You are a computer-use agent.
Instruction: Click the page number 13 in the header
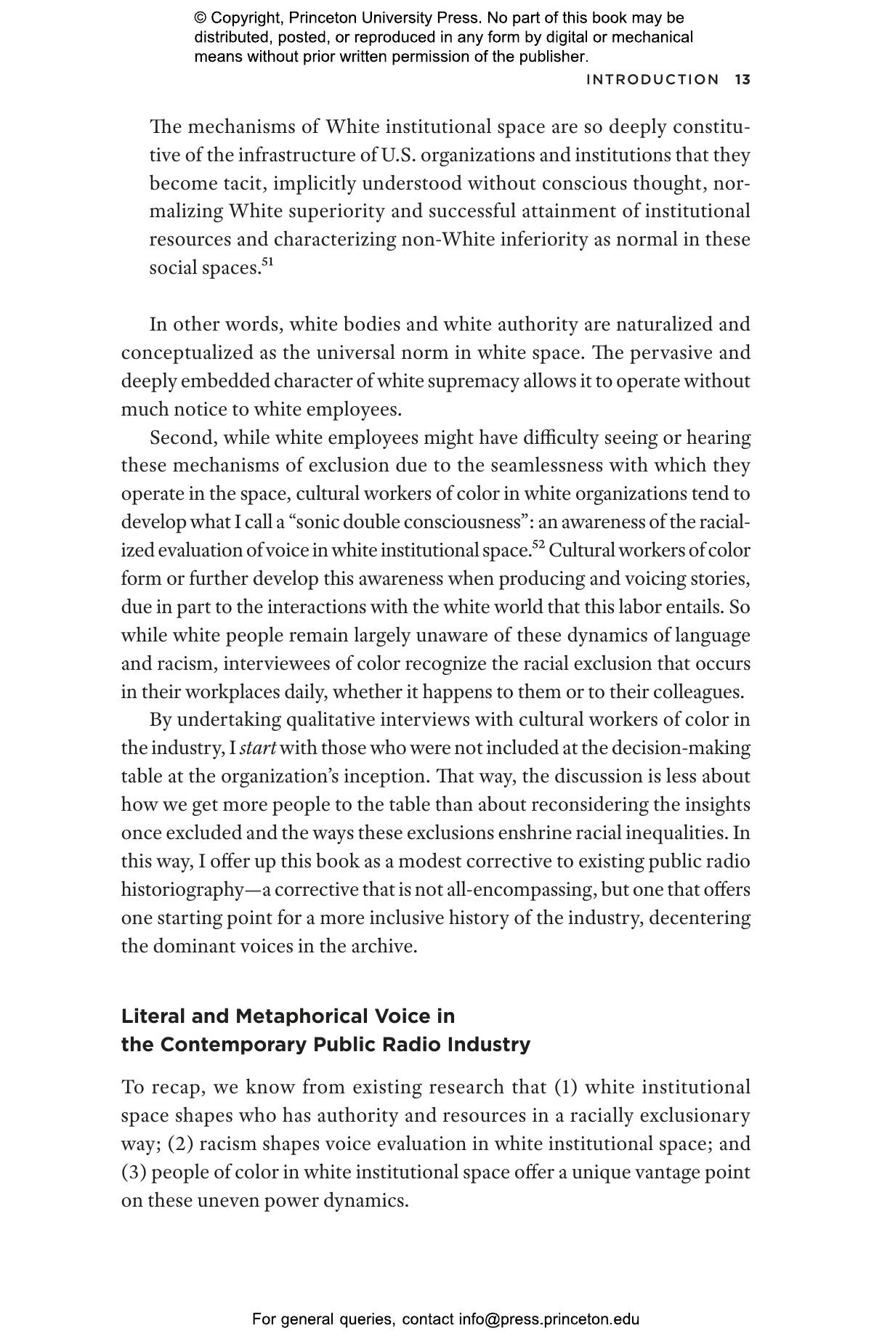742,80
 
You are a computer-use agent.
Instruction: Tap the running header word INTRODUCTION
652,80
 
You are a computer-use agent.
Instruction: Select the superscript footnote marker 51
267,262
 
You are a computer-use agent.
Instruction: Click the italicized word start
257,748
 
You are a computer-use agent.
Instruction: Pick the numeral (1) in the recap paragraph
567,1088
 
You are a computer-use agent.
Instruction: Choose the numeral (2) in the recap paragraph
181,1144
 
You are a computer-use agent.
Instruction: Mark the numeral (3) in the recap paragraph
134,1173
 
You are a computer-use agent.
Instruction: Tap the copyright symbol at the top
201,18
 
